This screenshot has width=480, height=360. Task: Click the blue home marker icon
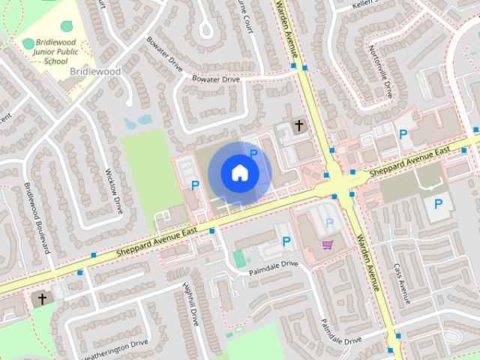239,172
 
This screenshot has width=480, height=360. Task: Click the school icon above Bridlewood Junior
28,43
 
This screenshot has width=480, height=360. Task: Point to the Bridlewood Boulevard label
36,217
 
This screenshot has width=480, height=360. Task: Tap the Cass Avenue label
401,283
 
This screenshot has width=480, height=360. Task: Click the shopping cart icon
327,244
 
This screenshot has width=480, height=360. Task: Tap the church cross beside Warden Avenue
298,125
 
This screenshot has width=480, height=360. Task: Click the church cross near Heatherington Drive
42,298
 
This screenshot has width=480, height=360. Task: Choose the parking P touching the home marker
253,154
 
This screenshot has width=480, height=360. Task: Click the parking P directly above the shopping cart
328,223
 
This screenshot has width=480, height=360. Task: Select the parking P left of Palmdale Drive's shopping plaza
286,241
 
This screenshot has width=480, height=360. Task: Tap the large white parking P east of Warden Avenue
438,202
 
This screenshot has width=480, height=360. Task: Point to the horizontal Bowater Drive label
215,79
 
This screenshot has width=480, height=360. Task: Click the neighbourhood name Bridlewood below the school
95,71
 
